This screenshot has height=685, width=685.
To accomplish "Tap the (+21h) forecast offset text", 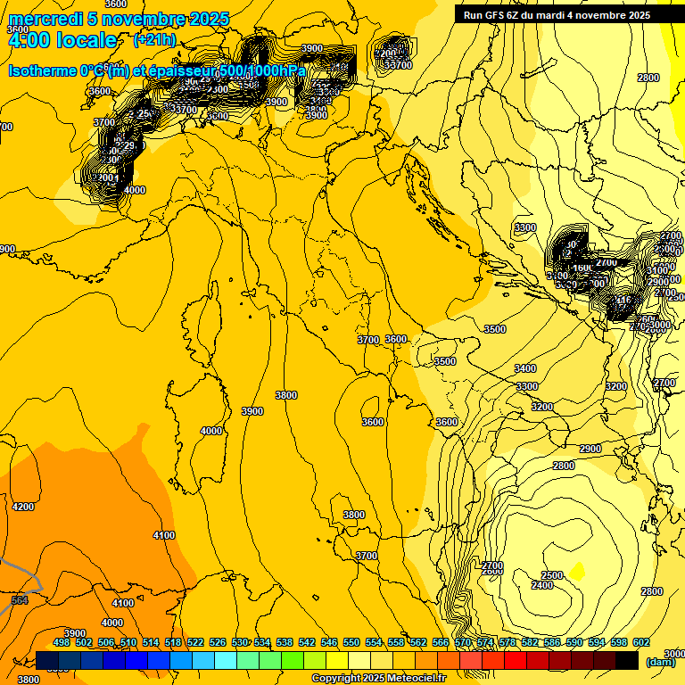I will [x=154, y=40].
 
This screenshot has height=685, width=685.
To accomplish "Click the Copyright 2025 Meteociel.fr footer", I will [x=378, y=679].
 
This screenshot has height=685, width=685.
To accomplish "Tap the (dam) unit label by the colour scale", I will [x=660, y=662].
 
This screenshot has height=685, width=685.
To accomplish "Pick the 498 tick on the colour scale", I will [x=62, y=642].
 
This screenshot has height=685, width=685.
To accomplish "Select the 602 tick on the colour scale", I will [x=641, y=642].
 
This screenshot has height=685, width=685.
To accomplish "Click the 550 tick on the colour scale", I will [x=351, y=642].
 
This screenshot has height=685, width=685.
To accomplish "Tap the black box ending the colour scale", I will [x=626, y=660].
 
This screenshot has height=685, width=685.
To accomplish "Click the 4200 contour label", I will [x=22, y=507].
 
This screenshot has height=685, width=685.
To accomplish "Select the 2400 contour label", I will [x=541, y=585].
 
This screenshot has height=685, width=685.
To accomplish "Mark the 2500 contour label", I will [x=552, y=575].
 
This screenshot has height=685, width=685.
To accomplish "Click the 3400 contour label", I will [x=525, y=368].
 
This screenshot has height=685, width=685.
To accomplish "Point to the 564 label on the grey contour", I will [x=19, y=600].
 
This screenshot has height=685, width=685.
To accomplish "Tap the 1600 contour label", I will [x=583, y=268].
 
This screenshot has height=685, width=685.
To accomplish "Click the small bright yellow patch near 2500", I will [x=578, y=569].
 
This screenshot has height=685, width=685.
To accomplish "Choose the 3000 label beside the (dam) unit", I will [x=675, y=654].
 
